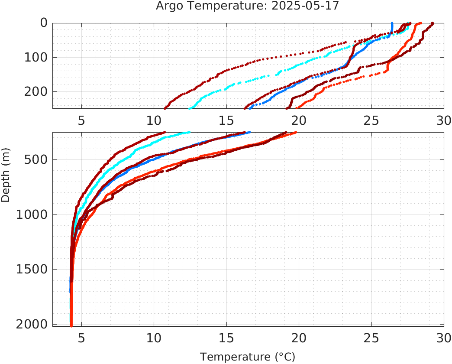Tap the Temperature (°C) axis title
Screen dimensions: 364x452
click(247, 357)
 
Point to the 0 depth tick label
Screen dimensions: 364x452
click(44, 23)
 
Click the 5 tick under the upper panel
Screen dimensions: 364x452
click(81, 120)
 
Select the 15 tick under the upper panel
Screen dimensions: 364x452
click(226, 120)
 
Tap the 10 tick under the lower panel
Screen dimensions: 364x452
click(154, 337)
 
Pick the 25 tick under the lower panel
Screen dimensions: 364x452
click(371, 337)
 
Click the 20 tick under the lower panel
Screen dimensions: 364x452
click(299, 337)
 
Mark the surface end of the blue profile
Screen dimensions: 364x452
click(392, 23)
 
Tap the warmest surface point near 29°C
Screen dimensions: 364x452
click(432, 23)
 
